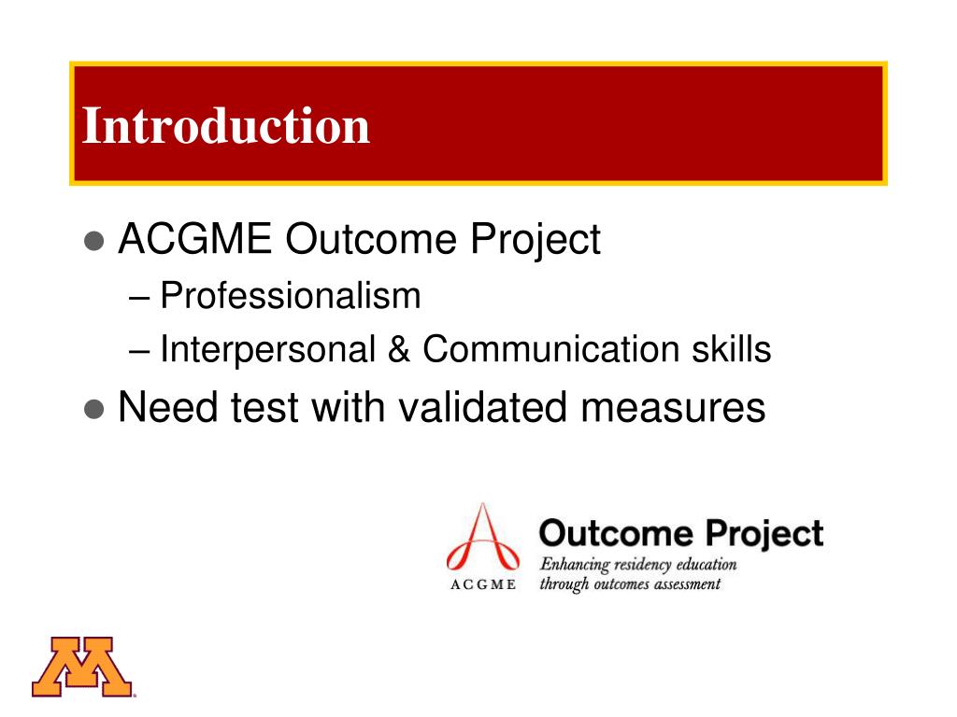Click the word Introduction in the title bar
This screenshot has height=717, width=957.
click(226, 126)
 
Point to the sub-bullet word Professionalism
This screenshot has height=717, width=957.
click(291, 297)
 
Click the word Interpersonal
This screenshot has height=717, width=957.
click(266, 350)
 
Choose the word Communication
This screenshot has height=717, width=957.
click(550, 350)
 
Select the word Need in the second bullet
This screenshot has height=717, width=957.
click(169, 408)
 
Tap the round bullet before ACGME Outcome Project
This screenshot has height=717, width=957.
click(93, 242)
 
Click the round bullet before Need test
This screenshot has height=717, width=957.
click(93, 410)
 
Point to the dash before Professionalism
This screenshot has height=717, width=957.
click(140, 298)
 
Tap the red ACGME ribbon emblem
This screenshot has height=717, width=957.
click(481, 541)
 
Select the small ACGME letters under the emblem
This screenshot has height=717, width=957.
click(482, 585)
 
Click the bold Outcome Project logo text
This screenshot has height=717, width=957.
click(681, 534)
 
